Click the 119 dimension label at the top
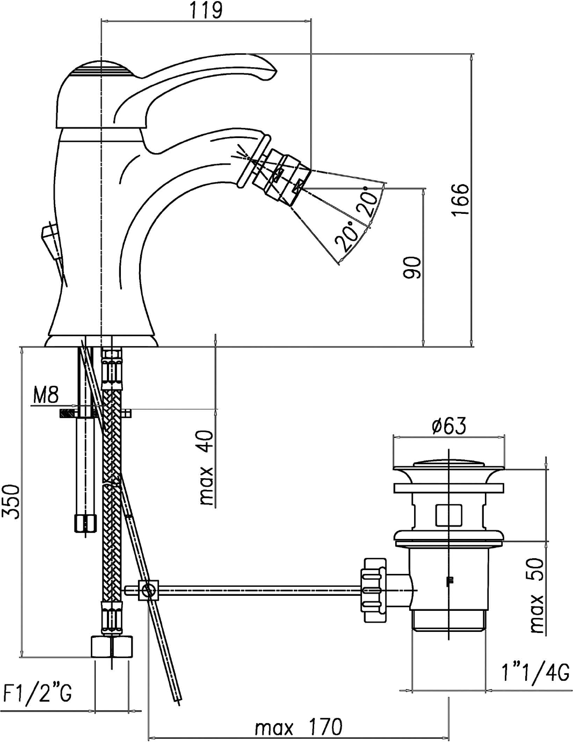point(206,10)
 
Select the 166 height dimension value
point(460,199)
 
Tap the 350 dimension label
point(11,502)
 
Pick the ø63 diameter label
point(448,426)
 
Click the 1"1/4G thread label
point(535,672)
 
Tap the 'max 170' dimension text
point(298,727)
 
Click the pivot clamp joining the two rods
point(149,590)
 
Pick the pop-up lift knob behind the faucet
point(50,236)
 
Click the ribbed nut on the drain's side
point(374,589)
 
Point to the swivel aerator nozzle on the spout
point(285,175)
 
